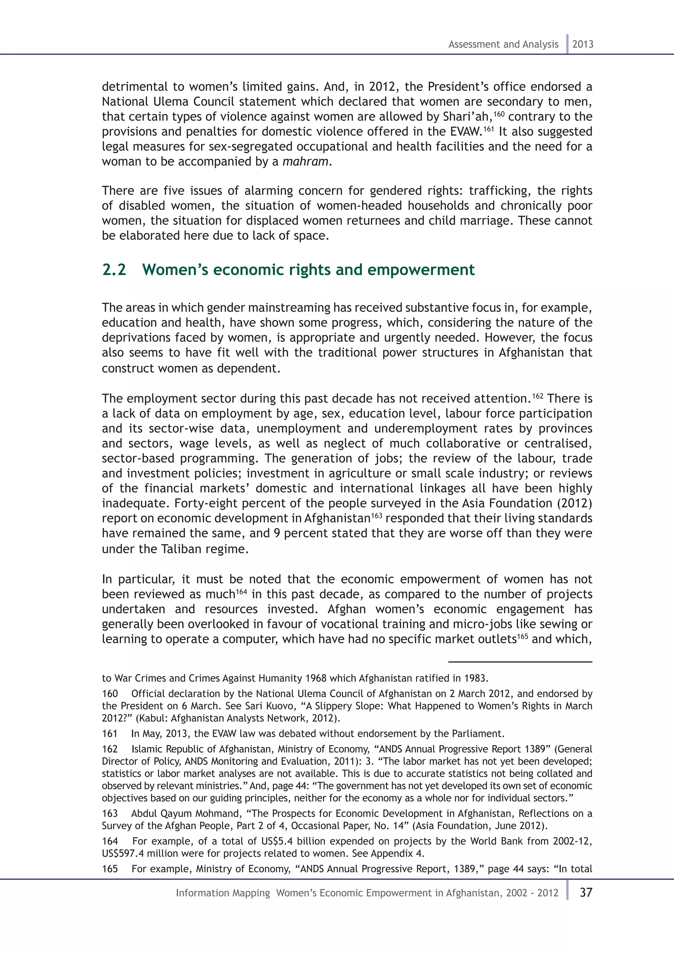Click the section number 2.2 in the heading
pyautogui.click(x=114, y=270)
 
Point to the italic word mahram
pyautogui.click(x=305, y=162)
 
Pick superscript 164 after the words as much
pyautogui.click(x=242, y=591)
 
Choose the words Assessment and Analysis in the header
pyautogui.click(x=503, y=44)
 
